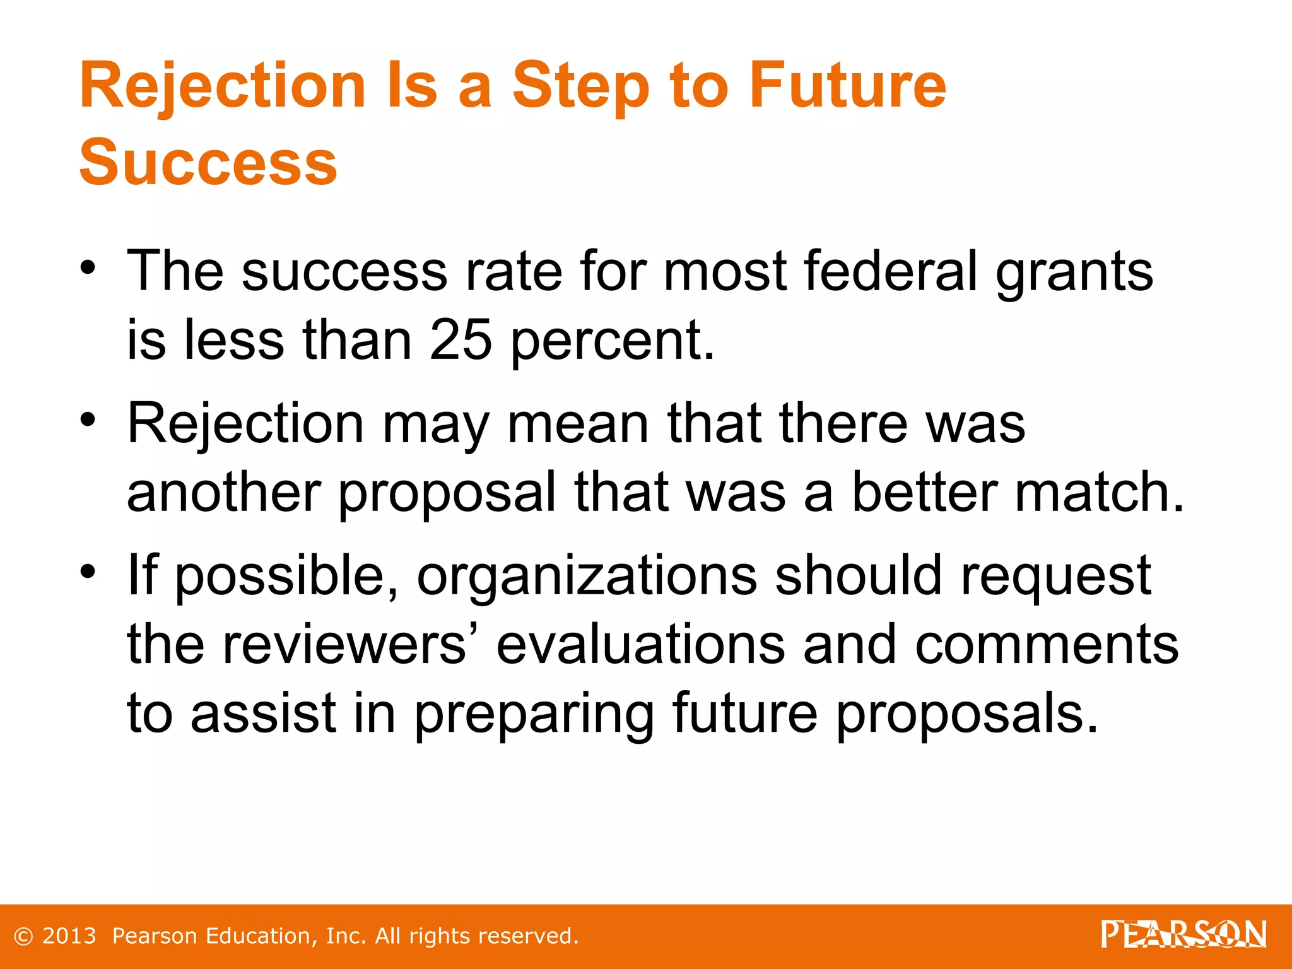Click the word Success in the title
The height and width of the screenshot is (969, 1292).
(208, 162)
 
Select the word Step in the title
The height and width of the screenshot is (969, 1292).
(580, 86)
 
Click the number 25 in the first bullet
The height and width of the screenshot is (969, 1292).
(461, 340)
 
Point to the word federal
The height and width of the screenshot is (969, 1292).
(891, 271)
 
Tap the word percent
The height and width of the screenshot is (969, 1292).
(612, 341)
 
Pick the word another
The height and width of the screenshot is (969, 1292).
(224, 492)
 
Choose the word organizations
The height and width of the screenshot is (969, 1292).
(587, 576)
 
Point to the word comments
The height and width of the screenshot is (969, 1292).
(1047, 645)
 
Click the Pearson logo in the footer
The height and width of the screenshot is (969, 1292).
(1183, 935)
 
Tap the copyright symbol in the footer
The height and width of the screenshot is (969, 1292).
(23, 936)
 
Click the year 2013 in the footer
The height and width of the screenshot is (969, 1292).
(69, 936)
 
